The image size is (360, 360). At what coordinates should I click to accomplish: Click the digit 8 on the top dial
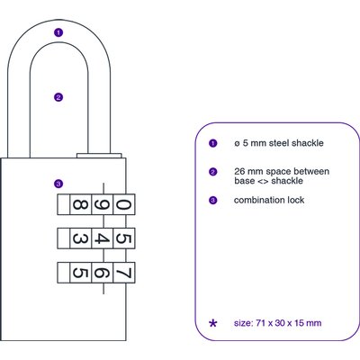(80, 204)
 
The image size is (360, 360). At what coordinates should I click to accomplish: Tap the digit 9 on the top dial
(102, 204)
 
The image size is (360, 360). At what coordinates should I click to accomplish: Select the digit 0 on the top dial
(123, 204)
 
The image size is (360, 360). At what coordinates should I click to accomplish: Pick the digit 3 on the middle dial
(80, 238)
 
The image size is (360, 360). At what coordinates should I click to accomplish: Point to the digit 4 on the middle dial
(102, 238)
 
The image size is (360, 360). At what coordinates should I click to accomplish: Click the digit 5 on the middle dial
(123, 238)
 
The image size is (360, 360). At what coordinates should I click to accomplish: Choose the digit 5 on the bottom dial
(80, 273)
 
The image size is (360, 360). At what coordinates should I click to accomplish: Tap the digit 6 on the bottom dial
(102, 273)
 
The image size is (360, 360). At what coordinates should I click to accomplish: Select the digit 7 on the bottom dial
(123, 273)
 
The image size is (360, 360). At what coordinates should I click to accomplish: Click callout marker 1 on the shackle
(58, 32)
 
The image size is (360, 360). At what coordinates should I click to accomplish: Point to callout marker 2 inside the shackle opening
(58, 97)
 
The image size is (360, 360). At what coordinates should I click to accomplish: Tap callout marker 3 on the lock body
(58, 184)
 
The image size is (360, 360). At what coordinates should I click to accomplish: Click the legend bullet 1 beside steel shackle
(212, 143)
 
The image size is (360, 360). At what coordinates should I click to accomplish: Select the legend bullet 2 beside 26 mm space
(212, 172)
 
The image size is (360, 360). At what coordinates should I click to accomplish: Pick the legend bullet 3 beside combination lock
(212, 200)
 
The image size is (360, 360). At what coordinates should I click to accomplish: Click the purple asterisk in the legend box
(212, 323)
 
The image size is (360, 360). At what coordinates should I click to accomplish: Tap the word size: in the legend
(244, 323)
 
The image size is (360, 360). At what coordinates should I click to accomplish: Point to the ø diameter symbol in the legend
(237, 144)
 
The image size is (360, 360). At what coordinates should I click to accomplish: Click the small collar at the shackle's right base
(99, 156)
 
